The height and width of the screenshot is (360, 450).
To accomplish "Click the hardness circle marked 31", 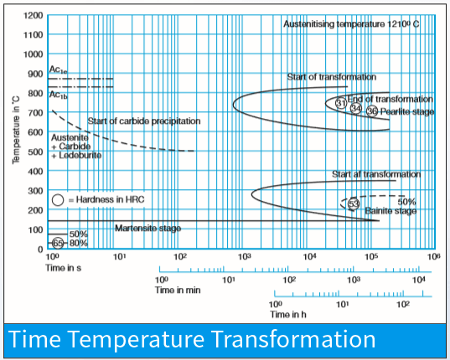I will pyautogui.click(x=341, y=103).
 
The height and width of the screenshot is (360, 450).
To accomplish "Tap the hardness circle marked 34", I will pyautogui.click(x=356, y=108).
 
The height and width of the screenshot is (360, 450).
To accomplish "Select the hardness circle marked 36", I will pyautogui.click(x=372, y=111).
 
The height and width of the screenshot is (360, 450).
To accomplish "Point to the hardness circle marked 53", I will pyautogui.click(x=353, y=203).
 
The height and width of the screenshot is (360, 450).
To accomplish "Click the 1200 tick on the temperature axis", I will pyautogui.click(x=34, y=16).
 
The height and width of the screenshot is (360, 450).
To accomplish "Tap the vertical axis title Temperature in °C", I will pyautogui.click(x=16, y=133).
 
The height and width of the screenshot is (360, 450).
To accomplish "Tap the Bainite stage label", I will pyautogui.click(x=391, y=211).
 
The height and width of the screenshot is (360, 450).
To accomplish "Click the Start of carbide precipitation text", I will pyautogui.click(x=144, y=121).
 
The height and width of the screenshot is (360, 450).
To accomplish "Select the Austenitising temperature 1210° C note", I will pyautogui.click(x=351, y=25).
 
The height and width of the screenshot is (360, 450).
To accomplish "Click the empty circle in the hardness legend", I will pyautogui.click(x=57, y=200).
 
